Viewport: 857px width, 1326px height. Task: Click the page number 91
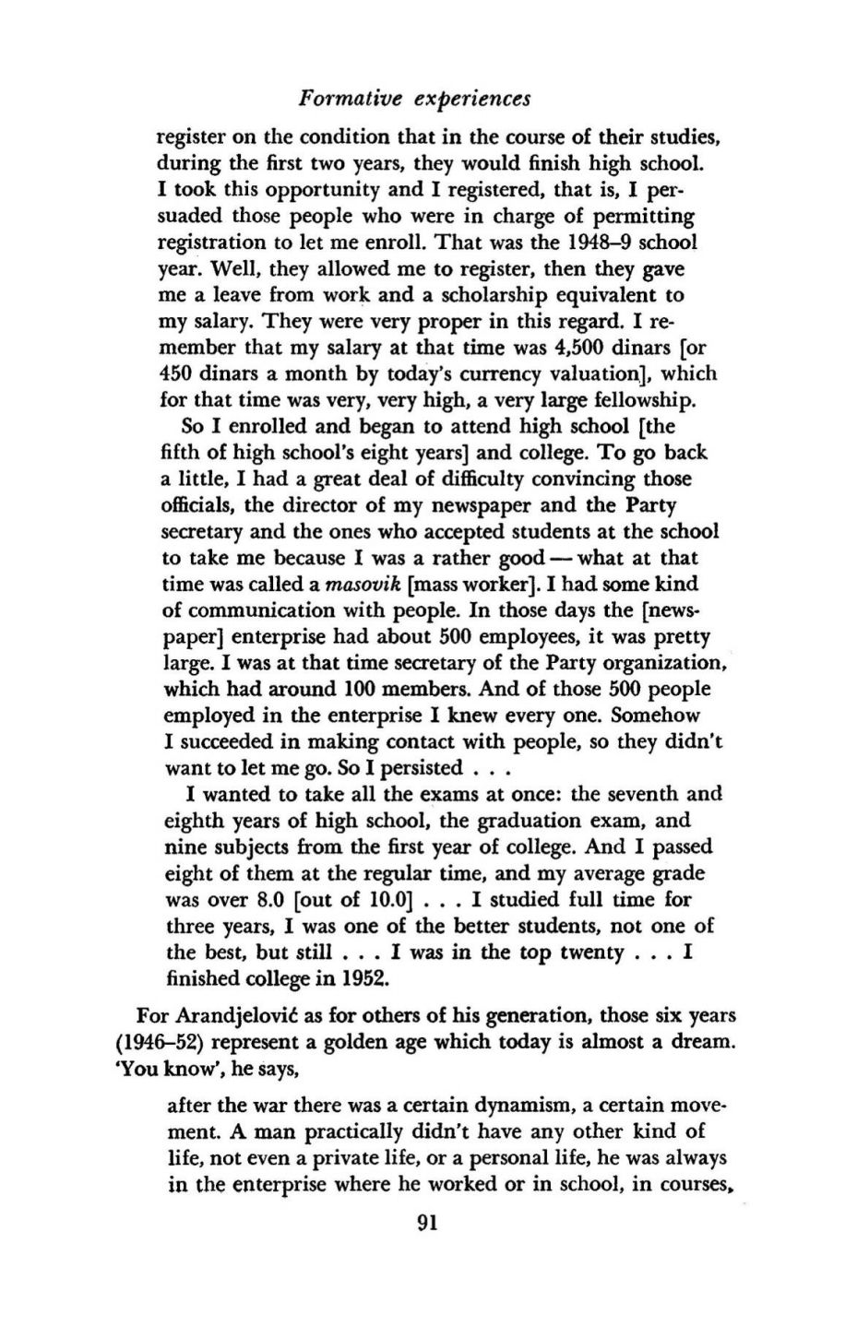(x=426, y=1223)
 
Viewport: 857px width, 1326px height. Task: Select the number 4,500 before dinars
(x=580, y=348)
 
